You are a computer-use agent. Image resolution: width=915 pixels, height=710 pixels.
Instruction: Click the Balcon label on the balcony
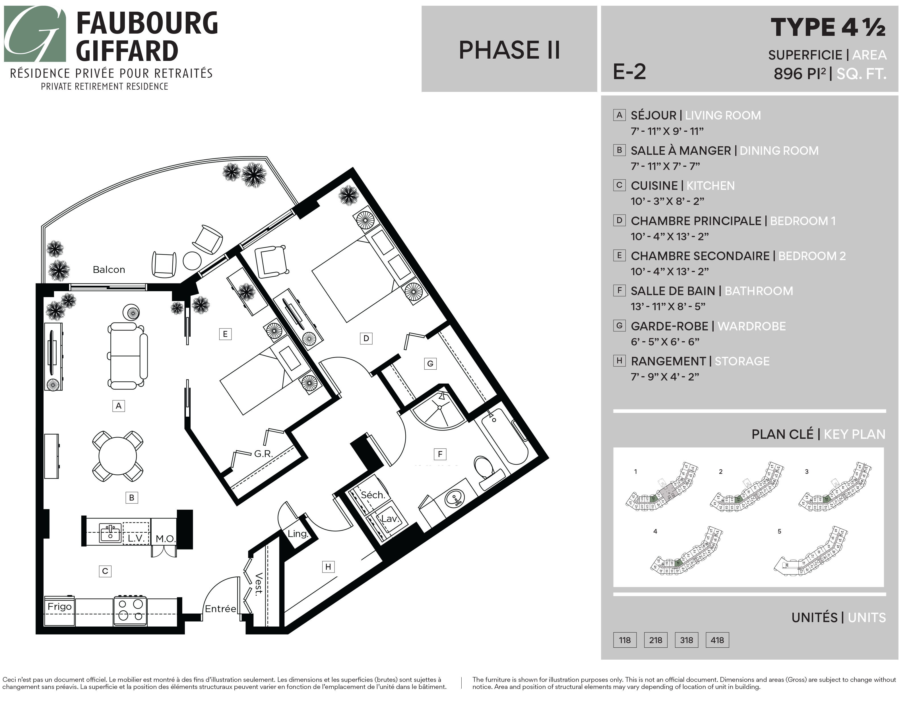(x=109, y=269)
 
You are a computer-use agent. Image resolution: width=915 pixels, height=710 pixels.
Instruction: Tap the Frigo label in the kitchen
(x=59, y=606)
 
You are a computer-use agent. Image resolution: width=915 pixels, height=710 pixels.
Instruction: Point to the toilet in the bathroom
(x=484, y=467)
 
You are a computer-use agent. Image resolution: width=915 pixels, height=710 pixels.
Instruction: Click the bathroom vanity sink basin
(x=455, y=498)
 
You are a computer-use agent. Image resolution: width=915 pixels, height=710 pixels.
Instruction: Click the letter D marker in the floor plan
(x=366, y=338)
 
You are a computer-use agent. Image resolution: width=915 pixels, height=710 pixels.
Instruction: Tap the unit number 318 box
(x=686, y=640)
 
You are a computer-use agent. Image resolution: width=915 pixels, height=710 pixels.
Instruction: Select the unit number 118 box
(x=625, y=640)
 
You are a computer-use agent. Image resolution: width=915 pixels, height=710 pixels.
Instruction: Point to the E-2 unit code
(x=629, y=72)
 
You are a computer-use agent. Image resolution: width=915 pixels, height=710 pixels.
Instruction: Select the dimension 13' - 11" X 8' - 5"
(x=668, y=306)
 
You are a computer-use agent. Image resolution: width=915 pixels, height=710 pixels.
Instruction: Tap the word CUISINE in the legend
(x=654, y=186)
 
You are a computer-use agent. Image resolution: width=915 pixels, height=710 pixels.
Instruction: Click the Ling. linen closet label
(x=298, y=534)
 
